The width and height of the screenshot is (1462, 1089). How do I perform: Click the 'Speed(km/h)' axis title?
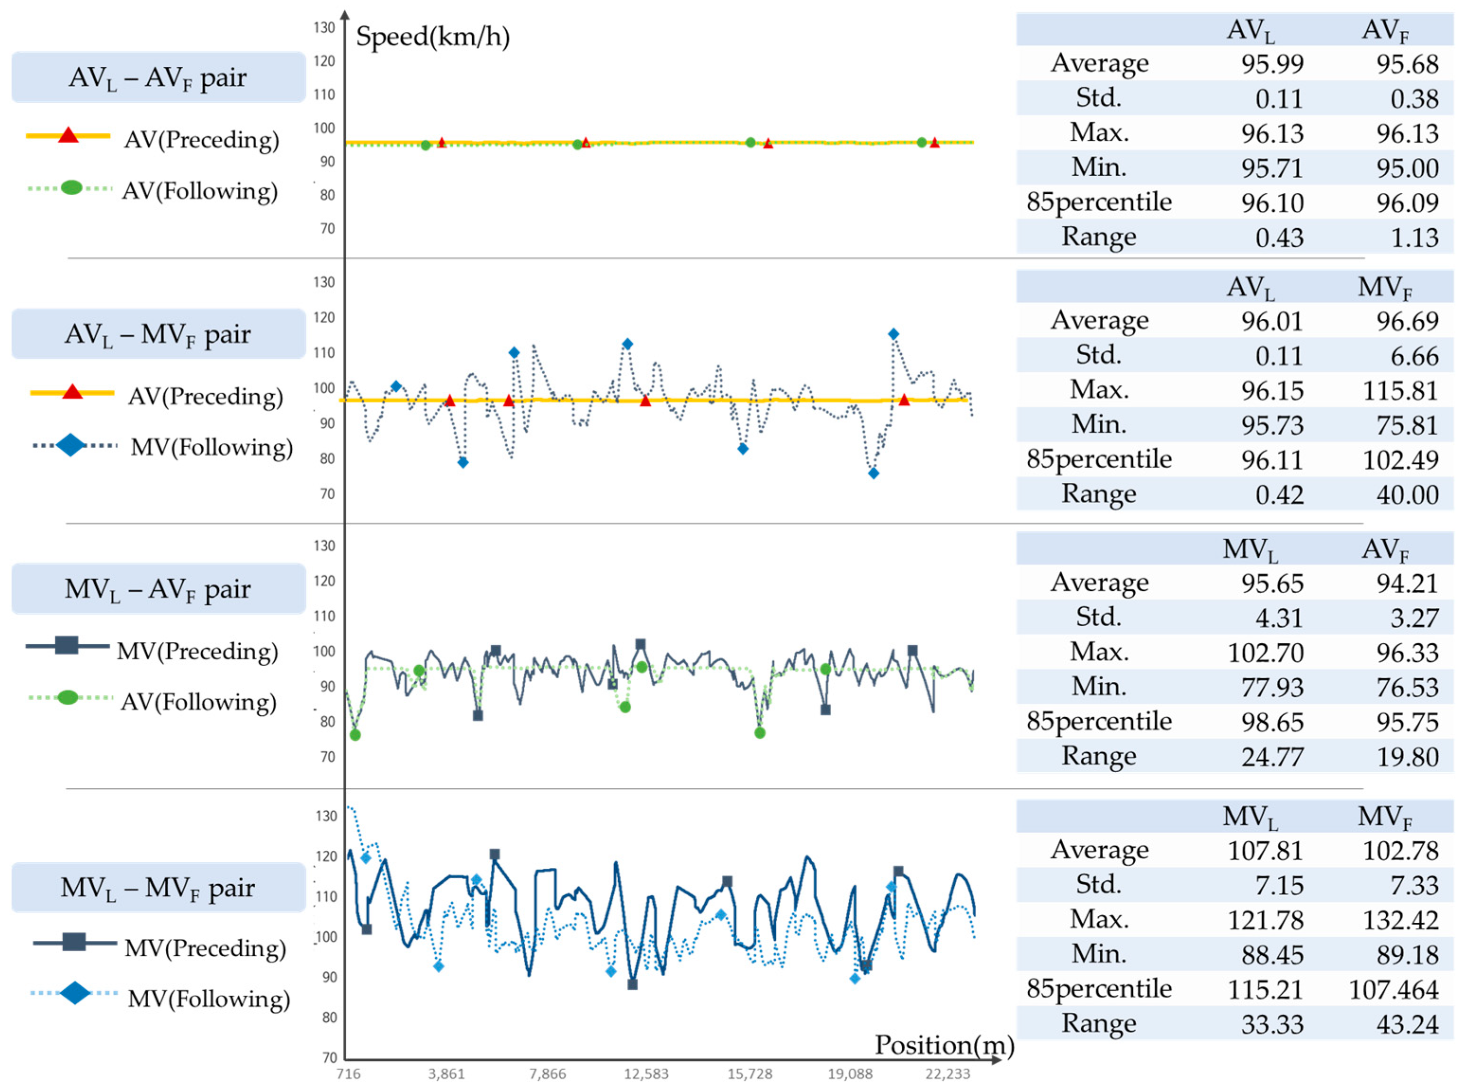click(432, 36)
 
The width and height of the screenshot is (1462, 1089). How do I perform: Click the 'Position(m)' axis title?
click(943, 1044)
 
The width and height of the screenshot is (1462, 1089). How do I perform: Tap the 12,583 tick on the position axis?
click(646, 1074)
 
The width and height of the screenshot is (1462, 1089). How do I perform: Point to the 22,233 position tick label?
click(947, 1074)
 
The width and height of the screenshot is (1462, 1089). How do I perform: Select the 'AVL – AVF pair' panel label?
click(158, 78)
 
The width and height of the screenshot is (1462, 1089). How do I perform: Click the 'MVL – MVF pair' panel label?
click(158, 887)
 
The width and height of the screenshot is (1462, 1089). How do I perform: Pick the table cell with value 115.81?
click(1399, 391)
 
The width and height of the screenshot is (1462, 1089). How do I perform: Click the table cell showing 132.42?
click(1399, 919)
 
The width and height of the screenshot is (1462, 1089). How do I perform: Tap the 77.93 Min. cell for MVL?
click(1272, 687)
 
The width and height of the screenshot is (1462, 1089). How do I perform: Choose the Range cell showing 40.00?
click(1407, 495)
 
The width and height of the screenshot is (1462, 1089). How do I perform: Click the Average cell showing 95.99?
click(1272, 64)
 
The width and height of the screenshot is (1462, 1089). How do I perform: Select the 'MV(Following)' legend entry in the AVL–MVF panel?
click(211, 447)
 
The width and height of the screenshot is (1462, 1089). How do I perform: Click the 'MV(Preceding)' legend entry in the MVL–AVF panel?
click(197, 651)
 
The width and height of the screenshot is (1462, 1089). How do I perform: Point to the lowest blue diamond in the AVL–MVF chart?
click(873, 473)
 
